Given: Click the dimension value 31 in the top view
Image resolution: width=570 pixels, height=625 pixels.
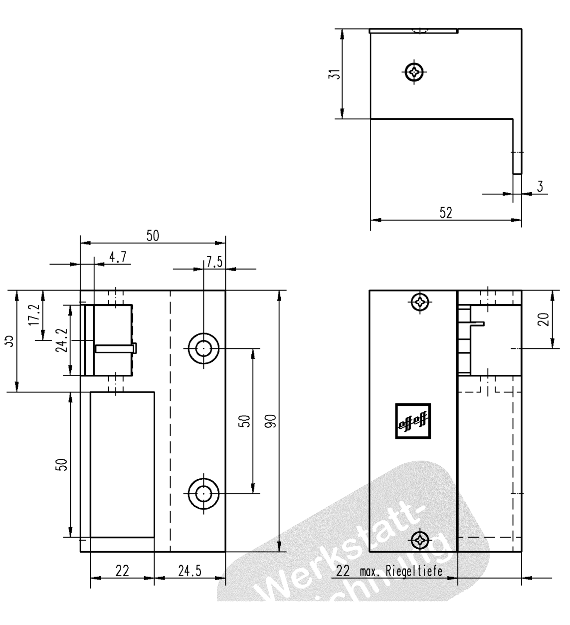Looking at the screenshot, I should (x=337, y=74).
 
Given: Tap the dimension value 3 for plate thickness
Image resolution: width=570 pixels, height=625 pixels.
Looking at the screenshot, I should (x=540, y=187).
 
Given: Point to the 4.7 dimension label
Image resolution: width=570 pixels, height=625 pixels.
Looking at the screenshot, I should (x=118, y=257).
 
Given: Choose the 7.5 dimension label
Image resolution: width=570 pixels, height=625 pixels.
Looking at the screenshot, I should (x=214, y=263).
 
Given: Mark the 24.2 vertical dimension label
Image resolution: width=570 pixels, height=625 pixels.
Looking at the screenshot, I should (x=61, y=340).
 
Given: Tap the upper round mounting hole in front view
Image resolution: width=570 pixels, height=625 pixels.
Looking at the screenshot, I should (x=203, y=348).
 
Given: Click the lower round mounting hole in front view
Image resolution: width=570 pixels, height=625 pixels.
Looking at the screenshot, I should (x=203, y=494).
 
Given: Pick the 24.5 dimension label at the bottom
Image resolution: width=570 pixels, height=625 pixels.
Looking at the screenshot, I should (x=190, y=571).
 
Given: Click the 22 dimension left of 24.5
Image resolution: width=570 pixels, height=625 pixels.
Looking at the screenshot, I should (x=122, y=571).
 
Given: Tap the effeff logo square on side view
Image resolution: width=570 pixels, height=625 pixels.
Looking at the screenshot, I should (x=413, y=421).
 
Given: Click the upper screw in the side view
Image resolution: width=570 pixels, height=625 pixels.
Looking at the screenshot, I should (x=420, y=302).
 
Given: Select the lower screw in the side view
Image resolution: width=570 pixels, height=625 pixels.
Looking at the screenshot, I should (x=420, y=540).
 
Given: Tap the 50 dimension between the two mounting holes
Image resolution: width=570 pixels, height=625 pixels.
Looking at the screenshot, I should (x=244, y=421).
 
